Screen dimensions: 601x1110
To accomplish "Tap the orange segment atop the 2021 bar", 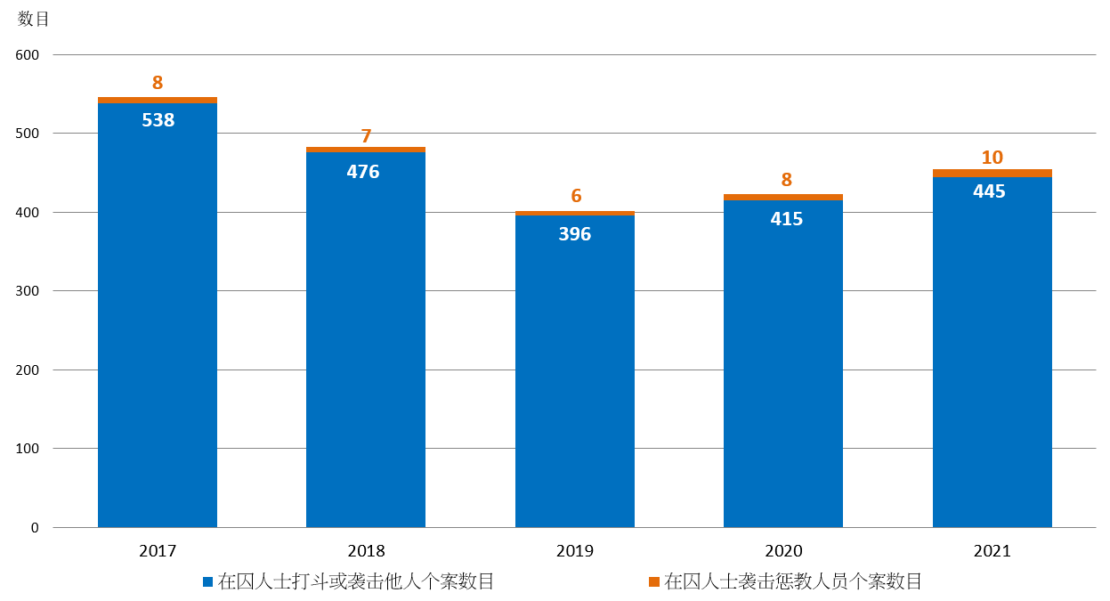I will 992,173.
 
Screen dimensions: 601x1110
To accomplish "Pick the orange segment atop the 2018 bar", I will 366,150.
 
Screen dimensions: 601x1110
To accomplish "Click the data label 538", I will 158,119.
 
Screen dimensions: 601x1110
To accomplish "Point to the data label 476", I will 363,171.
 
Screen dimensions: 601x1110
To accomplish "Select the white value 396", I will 575,234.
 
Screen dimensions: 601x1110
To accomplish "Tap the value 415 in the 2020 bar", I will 786,218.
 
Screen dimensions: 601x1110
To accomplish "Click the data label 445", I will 989,191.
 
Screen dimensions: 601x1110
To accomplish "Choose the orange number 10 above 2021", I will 992,158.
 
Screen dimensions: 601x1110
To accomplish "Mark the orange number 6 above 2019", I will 576,196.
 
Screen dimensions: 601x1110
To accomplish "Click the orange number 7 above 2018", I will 366,136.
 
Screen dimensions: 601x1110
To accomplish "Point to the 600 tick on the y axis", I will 28,55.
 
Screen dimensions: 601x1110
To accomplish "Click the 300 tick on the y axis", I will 28,291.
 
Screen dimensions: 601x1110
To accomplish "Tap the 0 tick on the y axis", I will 35,527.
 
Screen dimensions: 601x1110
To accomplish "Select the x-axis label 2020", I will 783,551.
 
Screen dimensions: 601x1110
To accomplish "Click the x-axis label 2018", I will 366,551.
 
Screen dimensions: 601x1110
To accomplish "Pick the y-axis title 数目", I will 34,19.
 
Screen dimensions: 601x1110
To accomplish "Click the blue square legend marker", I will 207,582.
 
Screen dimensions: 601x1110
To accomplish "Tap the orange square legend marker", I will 654,582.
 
